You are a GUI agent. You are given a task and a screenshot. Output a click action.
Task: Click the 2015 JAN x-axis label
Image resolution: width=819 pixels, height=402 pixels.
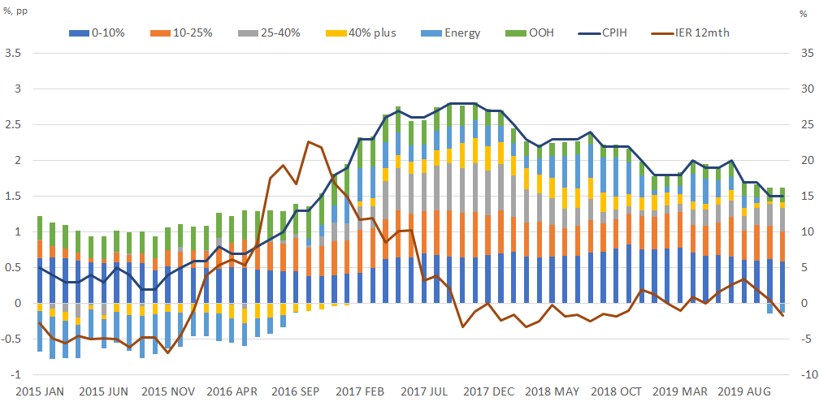pyautogui.click(x=41, y=391)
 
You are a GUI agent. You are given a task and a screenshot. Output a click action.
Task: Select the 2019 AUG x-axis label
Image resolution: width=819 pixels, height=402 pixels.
pyautogui.click(x=752, y=391)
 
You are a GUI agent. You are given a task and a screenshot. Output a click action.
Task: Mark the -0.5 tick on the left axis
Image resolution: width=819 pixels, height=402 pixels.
pyautogui.click(x=10, y=339)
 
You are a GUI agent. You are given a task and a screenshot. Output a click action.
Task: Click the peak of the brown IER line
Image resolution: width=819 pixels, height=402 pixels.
pyautogui.click(x=309, y=141)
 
